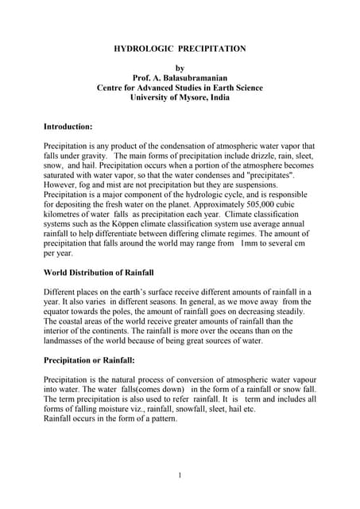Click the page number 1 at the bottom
(180, 476)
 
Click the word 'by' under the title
(179, 68)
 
